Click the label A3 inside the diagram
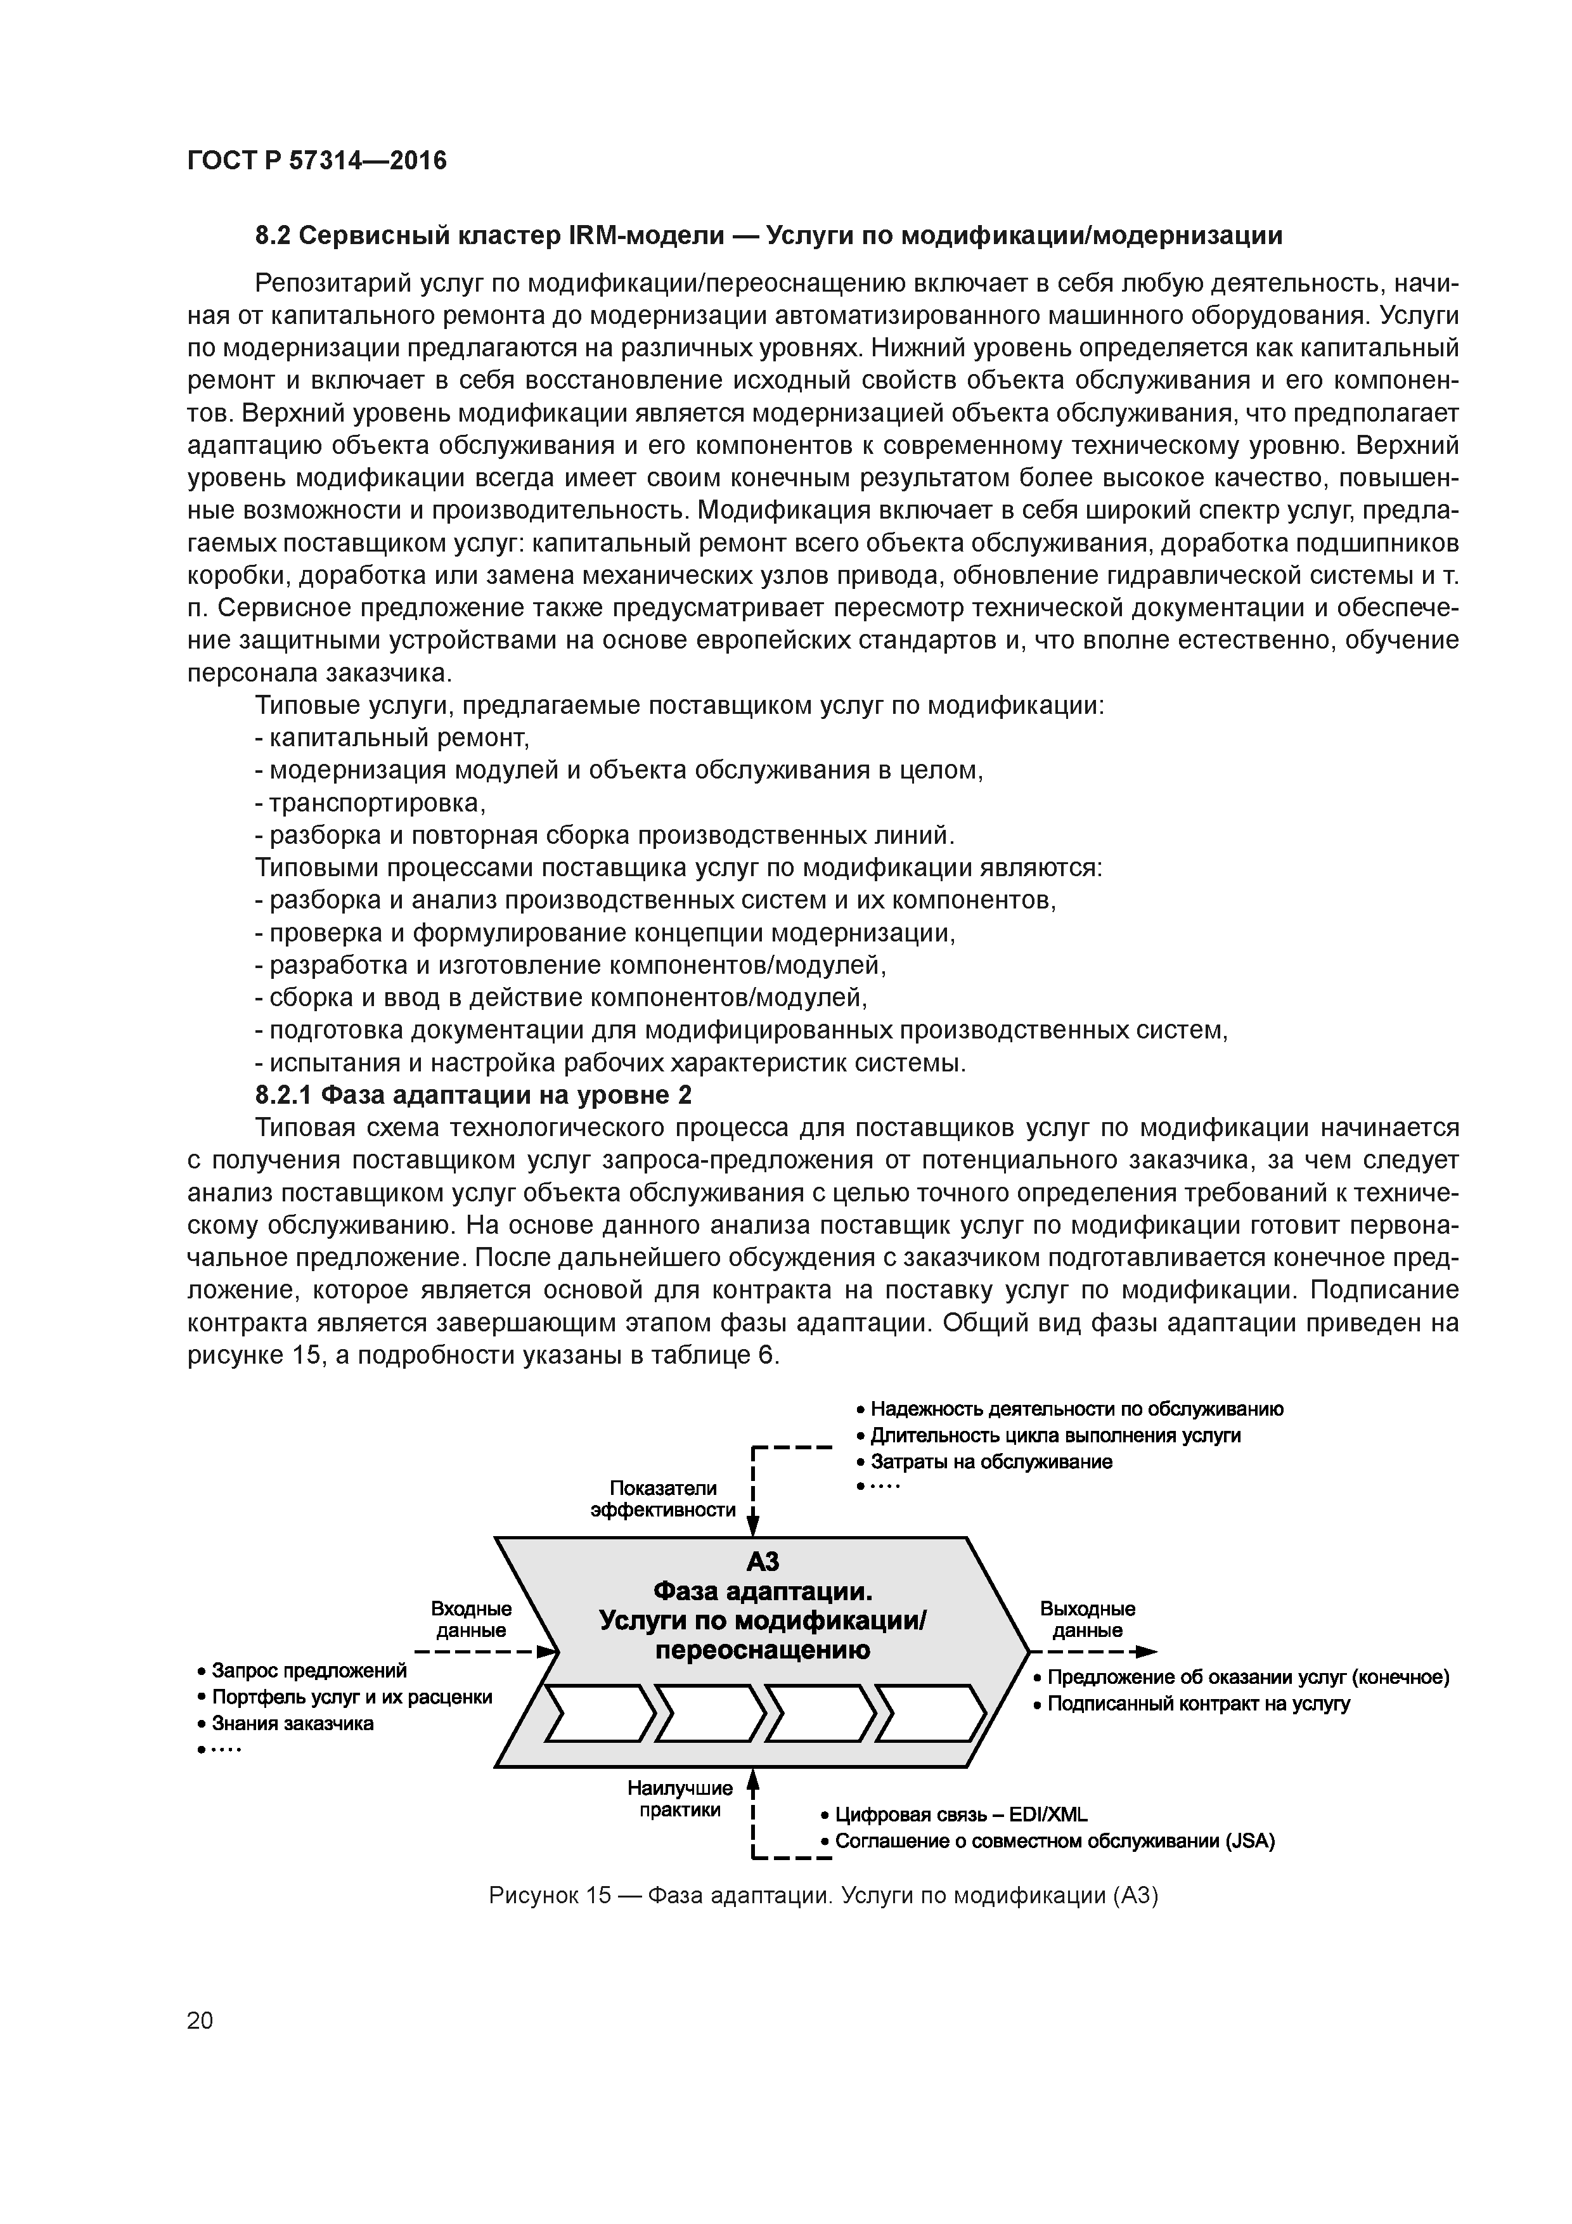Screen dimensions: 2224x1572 763,1561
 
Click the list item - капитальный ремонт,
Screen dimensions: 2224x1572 391,738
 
